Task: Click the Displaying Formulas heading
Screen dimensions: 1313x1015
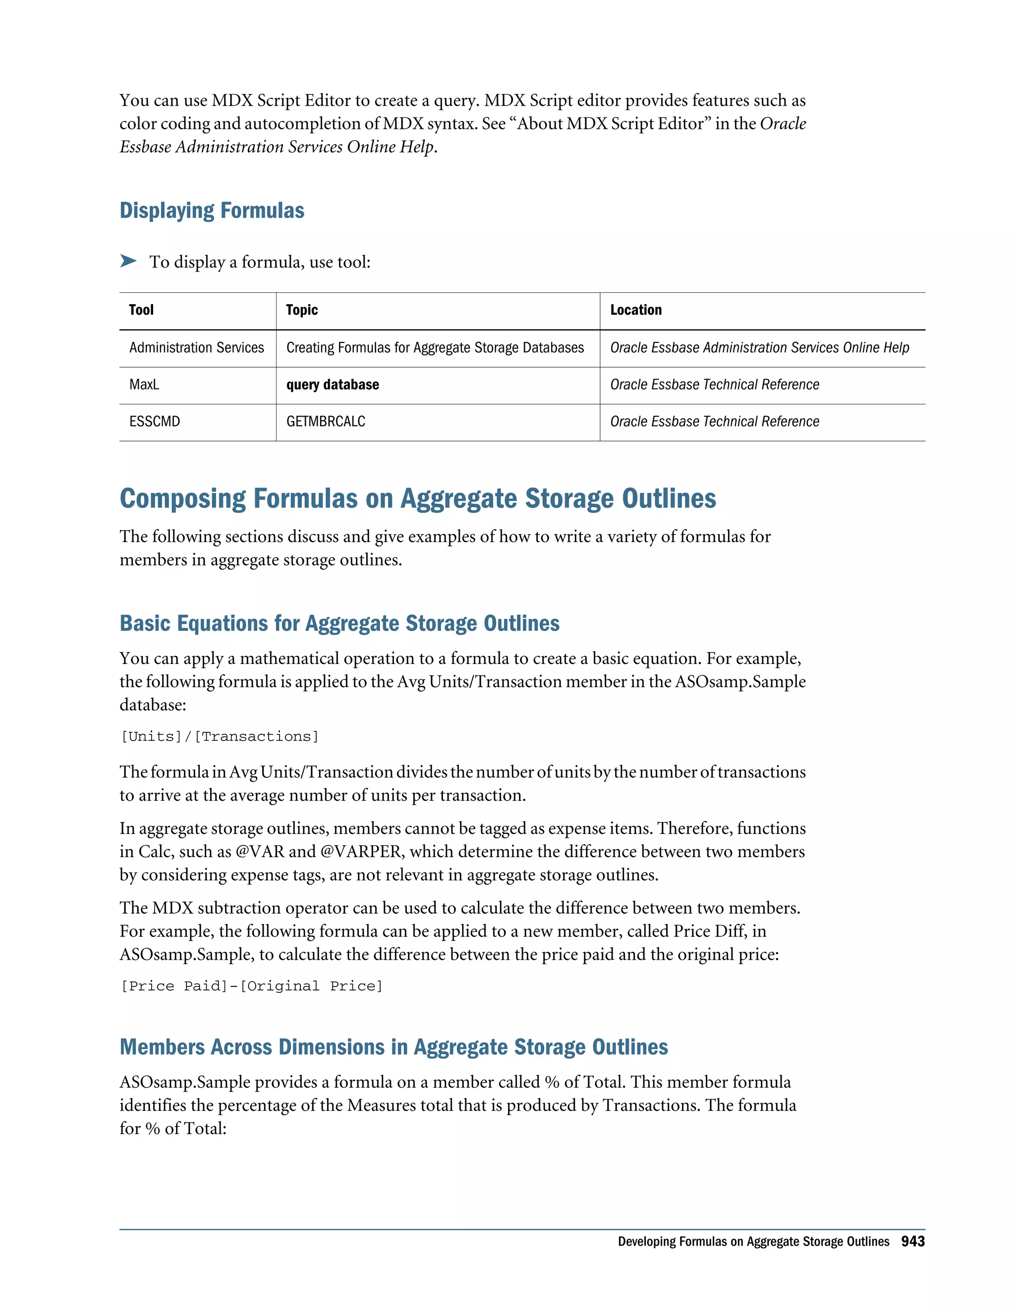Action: (212, 211)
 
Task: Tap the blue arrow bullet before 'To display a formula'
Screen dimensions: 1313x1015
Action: (128, 261)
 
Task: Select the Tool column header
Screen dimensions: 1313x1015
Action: (141, 310)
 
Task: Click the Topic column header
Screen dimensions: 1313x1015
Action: (302, 310)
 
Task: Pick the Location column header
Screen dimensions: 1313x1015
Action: (635, 310)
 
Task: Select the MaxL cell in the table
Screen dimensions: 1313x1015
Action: (144, 385)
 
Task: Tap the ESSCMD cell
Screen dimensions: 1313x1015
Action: (155, 422)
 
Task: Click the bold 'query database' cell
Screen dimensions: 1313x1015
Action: (333, 385)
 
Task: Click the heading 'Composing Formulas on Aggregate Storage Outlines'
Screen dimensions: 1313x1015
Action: (417, 498)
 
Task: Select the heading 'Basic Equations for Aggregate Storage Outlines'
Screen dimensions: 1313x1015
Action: (339, 623)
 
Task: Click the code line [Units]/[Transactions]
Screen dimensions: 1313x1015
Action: (220, 736)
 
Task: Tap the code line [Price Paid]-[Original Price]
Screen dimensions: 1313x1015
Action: (251, 986)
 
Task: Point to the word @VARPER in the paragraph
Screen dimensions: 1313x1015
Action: (361, 851)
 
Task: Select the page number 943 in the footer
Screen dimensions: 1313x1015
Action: (912, 1242)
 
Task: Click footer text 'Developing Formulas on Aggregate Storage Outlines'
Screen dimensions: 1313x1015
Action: (753, 1242)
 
